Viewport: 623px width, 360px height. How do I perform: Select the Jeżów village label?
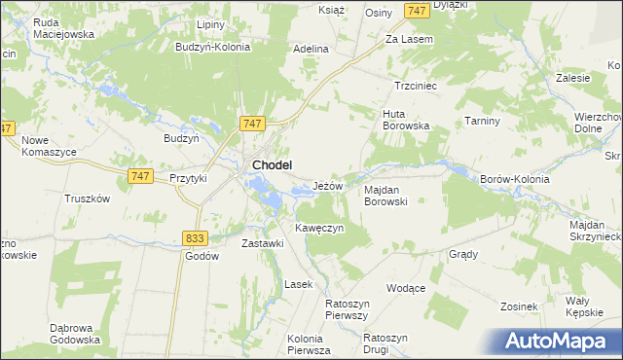[328, 185]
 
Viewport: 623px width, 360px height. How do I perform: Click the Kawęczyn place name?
[319, 228]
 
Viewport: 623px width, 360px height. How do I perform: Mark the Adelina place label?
[311, 48]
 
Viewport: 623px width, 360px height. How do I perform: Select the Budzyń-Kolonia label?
[210, 46]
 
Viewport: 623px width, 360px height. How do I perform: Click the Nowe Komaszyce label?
[49, 146]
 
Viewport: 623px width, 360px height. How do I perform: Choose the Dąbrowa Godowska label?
[75, 334]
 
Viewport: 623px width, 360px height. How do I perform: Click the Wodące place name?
[406, 289]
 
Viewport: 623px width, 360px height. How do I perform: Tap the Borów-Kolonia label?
[516, 180]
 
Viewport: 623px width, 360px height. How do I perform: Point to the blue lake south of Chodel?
[274, 199]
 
